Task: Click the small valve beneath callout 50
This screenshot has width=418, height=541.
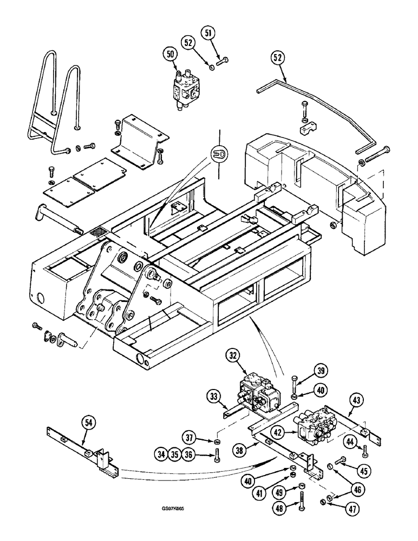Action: pyautogui.click(x=185, y=88)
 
